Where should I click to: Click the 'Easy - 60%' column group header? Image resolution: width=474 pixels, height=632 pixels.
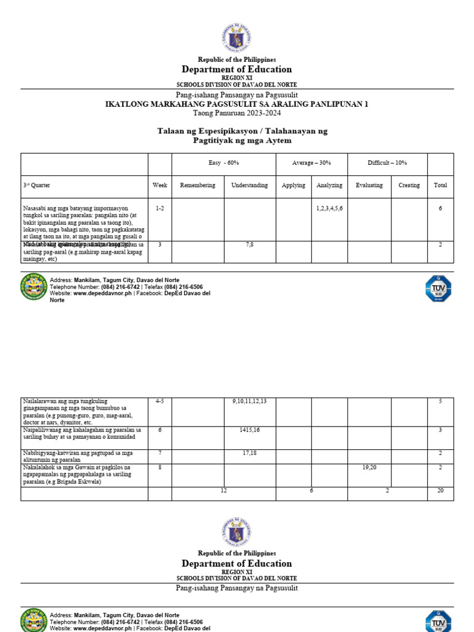224,163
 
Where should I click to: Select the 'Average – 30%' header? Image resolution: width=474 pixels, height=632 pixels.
312,163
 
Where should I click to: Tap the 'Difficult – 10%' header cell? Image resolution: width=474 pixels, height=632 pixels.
388,163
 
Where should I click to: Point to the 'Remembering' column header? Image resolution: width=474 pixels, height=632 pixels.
197,185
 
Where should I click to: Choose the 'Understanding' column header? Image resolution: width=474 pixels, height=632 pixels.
249,185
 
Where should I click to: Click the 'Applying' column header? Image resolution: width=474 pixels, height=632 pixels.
293,185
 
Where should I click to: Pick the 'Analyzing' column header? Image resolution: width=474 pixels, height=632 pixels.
330,185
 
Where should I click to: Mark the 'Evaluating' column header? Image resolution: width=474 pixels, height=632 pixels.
369,185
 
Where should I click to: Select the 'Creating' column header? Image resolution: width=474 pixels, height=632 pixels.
409,185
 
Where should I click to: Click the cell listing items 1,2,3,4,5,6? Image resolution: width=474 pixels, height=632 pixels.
330,209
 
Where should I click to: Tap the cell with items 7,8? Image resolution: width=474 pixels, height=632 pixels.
249,245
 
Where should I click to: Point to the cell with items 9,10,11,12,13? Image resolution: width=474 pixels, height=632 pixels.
249,402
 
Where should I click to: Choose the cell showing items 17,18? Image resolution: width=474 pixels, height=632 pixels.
249,454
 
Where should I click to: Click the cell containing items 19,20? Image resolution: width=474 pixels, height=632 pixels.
369,468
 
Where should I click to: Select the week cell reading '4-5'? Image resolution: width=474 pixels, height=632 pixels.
160,402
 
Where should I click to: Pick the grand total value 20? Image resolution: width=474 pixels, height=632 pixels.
440,491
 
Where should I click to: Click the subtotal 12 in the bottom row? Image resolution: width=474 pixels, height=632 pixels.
223,491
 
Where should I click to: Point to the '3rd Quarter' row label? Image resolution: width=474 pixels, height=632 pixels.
37,185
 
